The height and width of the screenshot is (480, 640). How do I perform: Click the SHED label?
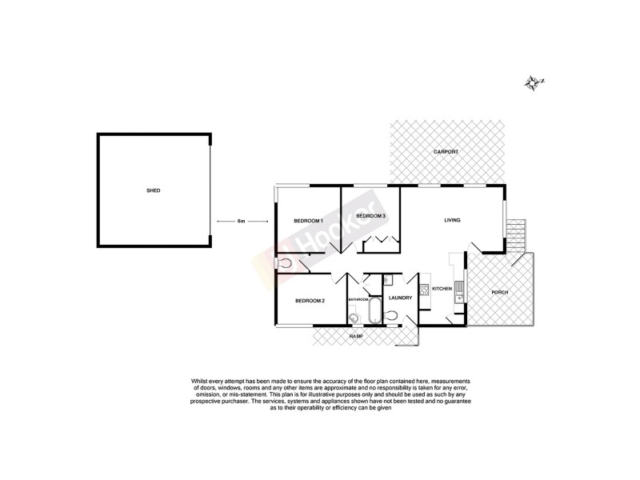pos(153,190)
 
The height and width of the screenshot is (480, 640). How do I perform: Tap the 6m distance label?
pos(241,220)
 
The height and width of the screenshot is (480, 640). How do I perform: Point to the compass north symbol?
pos(534,82)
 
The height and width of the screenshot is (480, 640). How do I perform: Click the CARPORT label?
pos(446,152)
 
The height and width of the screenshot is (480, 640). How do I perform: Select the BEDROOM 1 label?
pos(308,221)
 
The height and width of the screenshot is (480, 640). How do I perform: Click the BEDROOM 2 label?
pos(310,301)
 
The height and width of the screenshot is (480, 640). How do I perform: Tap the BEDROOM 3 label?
pos(371,217)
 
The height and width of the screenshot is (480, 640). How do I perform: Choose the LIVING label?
pos(453,220)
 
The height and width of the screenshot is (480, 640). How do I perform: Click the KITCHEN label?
pos(442,288)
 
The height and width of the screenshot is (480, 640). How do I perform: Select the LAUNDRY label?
pos(400,298)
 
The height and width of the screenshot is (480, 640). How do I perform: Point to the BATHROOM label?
pos(358,299)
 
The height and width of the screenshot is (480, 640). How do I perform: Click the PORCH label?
pos(500,292)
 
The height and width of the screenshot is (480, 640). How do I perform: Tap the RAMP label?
pos(356,337)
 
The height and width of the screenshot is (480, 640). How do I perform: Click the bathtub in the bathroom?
pos(374,312)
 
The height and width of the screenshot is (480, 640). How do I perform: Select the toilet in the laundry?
pos(390,317)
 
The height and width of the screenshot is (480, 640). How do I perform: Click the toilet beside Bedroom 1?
pos(285,262)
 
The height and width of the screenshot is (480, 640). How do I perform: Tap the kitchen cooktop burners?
pos(424,290)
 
